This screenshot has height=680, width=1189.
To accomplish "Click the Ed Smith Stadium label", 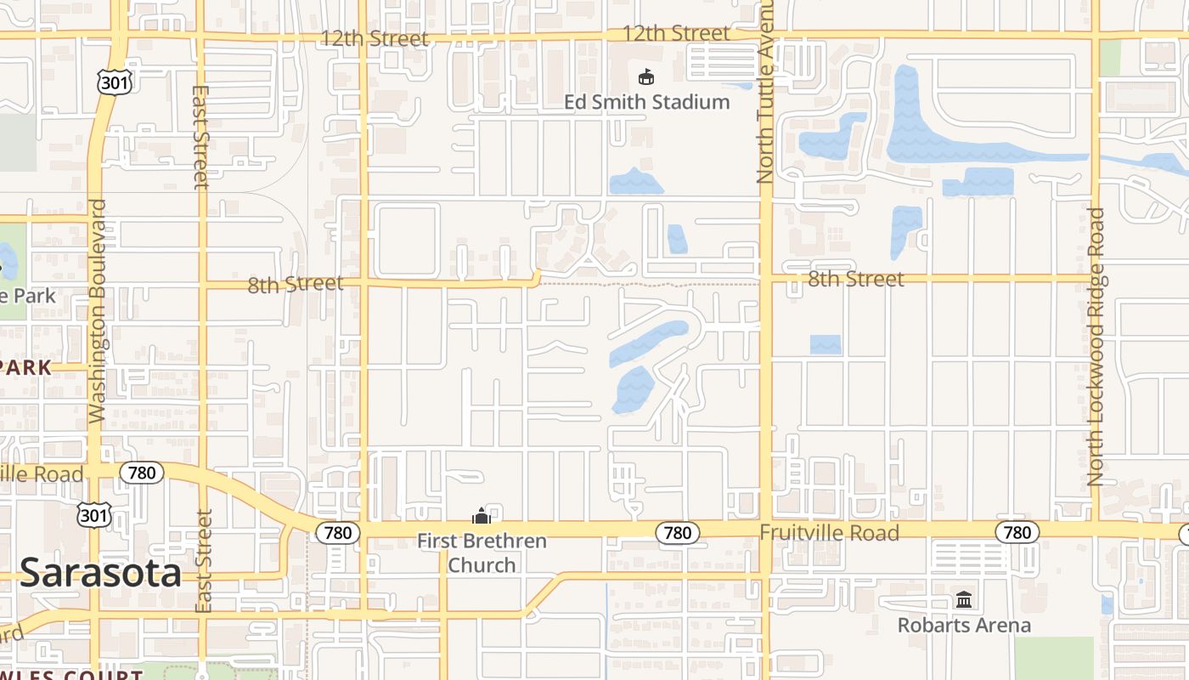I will click(x=646, y=102).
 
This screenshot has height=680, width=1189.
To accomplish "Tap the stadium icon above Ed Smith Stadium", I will click(x=646, y=77).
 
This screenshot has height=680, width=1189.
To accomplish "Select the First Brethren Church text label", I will click(x=482, y=552).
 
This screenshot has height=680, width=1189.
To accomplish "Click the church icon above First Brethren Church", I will click(x=482, y=515).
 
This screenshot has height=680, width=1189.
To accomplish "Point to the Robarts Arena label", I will click(x=964, y=625).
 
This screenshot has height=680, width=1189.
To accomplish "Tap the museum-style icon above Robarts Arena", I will click(x=964, y=600).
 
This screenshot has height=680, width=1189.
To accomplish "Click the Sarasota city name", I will click(x=100, y=573).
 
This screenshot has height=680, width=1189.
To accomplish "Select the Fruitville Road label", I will click(x=829, y=533).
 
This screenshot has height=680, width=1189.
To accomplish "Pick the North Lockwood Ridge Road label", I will click(x=1096, y=347).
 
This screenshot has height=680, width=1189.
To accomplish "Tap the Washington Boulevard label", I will click(x=98, y=311).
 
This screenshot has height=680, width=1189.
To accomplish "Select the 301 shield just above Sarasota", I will click(x=93, y=514).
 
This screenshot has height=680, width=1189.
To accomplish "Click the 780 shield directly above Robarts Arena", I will click(x=1017, y=533).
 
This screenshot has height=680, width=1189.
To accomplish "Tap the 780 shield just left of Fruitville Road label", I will click(x=677, y=533).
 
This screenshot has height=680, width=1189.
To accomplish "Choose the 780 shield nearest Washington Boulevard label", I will click(x=141, y=472).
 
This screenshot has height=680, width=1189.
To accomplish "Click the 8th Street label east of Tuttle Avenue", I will click(x=855, y=279).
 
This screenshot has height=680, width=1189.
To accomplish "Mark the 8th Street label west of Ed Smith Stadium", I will click(x=295, y=284).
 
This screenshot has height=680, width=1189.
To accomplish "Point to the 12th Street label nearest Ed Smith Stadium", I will click(x=675, y=33).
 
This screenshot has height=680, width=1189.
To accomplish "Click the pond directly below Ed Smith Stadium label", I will click(x=635, y=181).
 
